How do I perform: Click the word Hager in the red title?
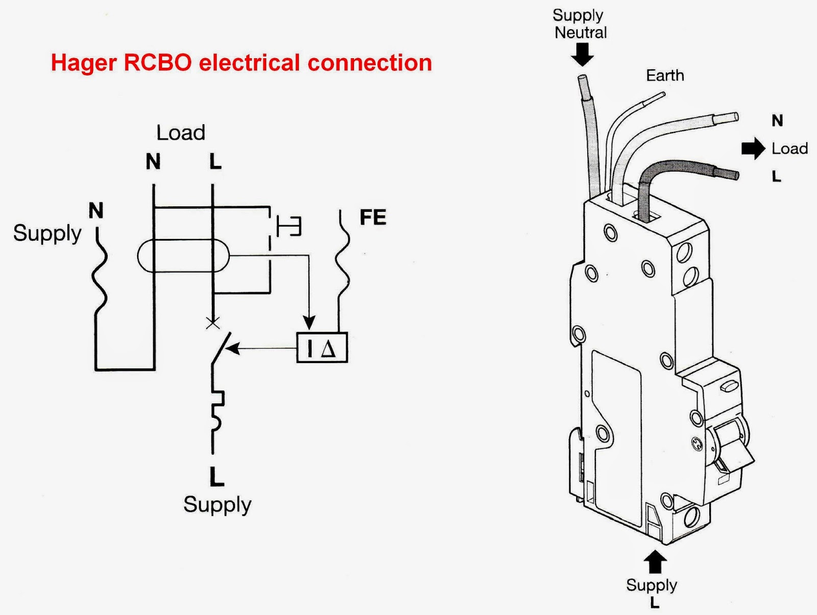click(84, 63)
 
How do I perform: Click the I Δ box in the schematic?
click(322, 348)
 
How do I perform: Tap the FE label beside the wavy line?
click(373, 218)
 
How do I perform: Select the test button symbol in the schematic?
click(289, 226)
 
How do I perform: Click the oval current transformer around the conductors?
click(183, 255)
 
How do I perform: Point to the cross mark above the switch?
click(213, 323)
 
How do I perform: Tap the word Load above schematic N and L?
click(180, 133)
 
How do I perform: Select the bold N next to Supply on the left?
click(96, 210)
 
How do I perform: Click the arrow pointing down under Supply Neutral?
click(582, 55)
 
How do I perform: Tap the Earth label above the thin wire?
click(664, 76)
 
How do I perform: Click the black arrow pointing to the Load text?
click(753, 149)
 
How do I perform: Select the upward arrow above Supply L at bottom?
click(655, 562)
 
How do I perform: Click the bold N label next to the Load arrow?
click(777, 121)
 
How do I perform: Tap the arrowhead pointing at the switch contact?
click(232, 349)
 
